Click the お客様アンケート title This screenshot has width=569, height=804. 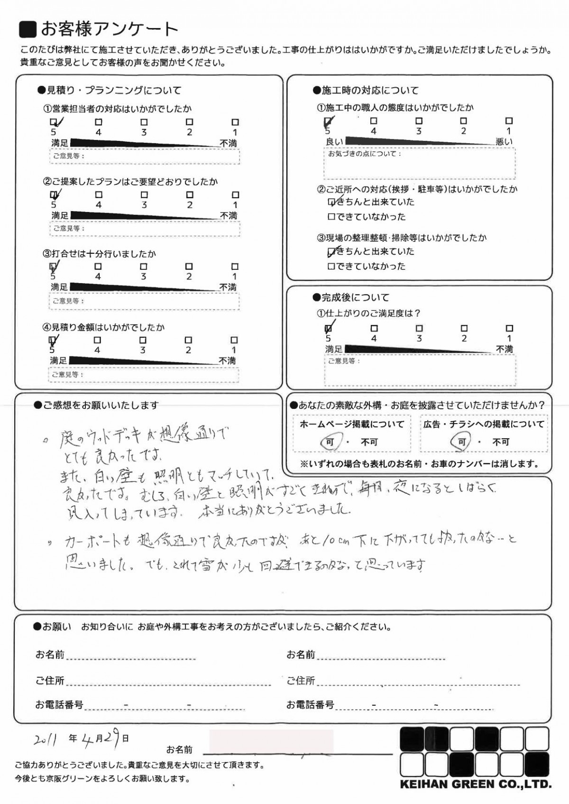click(x=109, y=29)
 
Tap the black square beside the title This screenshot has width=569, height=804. click(x=28, y=29)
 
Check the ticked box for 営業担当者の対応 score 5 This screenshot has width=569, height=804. click(x=54, y=122)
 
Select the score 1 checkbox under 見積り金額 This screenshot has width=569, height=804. click(x=234, y=340)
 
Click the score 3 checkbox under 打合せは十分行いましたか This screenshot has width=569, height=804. click(x=144, y=267)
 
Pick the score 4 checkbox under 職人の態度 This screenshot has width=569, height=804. click(x=374, y=121)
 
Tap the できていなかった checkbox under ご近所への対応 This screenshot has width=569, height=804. click(x=331, y=217)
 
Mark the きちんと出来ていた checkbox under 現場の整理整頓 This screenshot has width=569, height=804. click(x=331, y=251)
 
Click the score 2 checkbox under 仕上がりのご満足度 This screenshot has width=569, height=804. click(x=464, y=328)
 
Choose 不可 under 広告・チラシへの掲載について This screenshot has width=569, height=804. click(x=501, y=442)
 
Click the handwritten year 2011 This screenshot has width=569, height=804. click(x=46, y=739)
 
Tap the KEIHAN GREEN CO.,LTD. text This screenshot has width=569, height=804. click(x=476, y=784)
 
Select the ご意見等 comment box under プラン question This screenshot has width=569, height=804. click(x=145, y=229)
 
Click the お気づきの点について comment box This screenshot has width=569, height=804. click(x=419, y=163)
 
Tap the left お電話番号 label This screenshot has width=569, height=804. click(x=59, y=705)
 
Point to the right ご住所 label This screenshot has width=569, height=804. click(x=301, y=681)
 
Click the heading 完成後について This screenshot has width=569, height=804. click(x=355, y=297)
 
